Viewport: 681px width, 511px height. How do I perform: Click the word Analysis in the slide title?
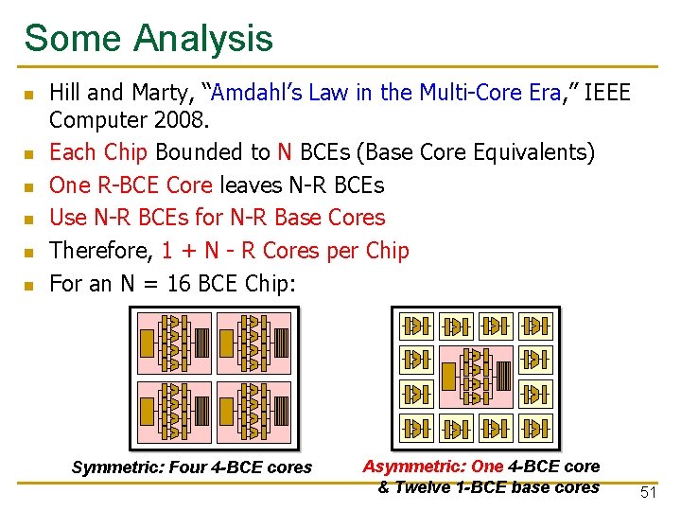pos(203,39)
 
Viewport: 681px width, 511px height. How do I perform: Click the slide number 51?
pos(649,492)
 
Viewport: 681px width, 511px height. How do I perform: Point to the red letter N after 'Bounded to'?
pos(284,152)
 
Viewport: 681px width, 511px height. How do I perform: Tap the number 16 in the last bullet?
pos(179,284)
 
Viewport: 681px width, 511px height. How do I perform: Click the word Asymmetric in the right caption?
pos(413,466)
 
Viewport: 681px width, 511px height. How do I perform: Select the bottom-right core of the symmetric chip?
pos(254,411)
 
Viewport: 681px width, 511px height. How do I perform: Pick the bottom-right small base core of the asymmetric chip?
pos(537,428)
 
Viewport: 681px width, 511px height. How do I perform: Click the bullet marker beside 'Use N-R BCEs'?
pos(30,219)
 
